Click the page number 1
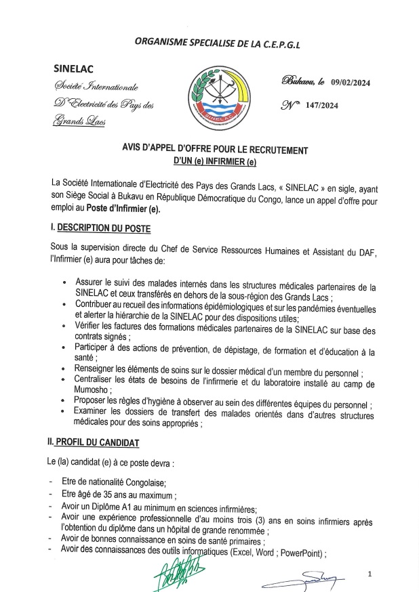370,574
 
